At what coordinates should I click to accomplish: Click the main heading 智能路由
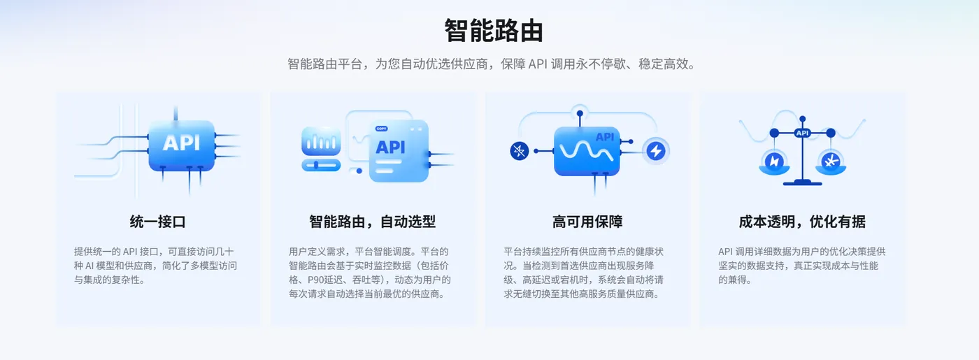point(494,31)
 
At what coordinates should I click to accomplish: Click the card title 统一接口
point(157,222)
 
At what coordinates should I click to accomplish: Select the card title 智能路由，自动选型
point(372,222)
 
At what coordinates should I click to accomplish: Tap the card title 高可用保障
point(587,222)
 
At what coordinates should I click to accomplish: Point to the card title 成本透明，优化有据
point(802,222)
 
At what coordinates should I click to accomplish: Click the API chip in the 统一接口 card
point(181,145)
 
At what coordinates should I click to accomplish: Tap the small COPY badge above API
point(381,129)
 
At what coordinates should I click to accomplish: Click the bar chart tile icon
point(321,141)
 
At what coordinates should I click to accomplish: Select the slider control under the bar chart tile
point(321,165)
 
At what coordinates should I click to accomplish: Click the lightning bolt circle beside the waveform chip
point(656,151)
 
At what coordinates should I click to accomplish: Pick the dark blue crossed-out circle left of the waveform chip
point(519,151)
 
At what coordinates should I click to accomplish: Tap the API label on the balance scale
point(803,133)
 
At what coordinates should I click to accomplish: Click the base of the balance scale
point(803,183)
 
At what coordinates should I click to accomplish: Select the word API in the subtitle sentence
point(538,64)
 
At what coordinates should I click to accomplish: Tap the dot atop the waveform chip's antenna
point(580,113)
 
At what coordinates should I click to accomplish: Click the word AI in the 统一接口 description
point(90,266)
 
